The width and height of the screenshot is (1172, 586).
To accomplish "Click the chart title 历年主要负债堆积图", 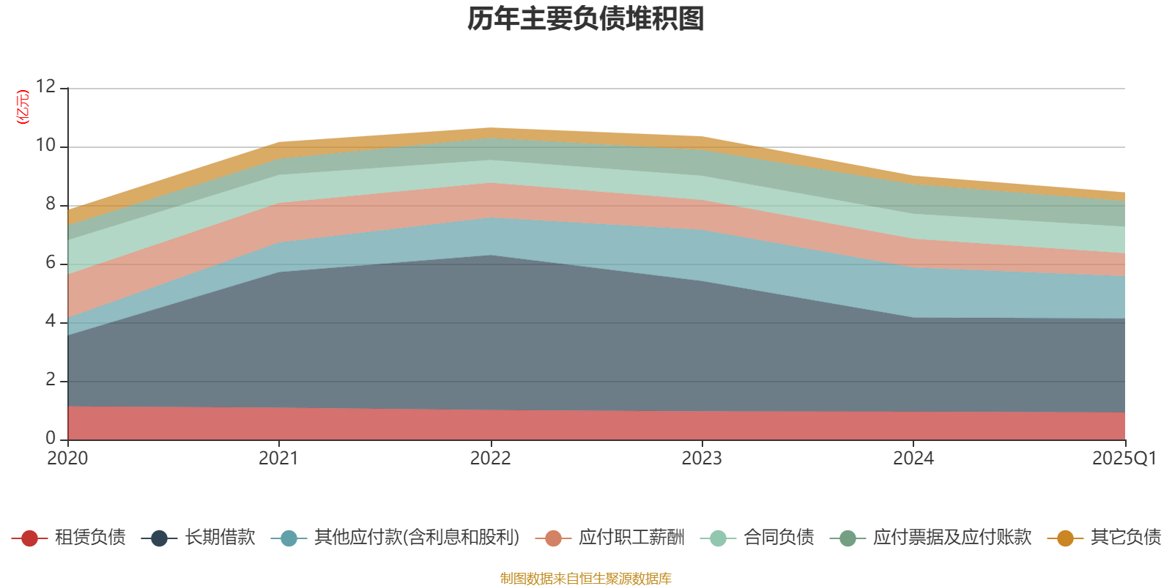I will click(x=586, y=19).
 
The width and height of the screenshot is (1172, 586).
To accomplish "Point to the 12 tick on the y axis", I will click(x=45, y=87).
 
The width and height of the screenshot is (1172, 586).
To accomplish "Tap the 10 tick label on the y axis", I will click(x=45, y=146).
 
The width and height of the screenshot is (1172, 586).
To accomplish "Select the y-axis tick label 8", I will click(x=50, y=204).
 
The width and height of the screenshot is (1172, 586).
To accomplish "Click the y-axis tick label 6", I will click(x=50, y=263).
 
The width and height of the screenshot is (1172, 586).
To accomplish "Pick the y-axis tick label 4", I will click(x=50, y=322).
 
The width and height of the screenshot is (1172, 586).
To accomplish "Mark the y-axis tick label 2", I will click(x=50, y=380).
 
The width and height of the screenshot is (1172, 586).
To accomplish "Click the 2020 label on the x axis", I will click(x=67, y=459).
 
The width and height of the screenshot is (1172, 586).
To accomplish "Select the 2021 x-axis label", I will click(x=278, y=459).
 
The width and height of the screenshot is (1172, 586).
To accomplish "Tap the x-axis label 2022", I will click(x=490, y=459).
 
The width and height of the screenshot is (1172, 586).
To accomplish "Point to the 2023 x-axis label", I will click(x=702, y=459).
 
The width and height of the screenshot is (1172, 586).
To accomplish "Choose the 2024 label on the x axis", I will click(x=913, y=459).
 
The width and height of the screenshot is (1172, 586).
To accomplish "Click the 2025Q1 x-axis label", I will click(x=1124, y=459).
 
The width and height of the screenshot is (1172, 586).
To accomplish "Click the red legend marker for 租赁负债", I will click(x=29, y=538).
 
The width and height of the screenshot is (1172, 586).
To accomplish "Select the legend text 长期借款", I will click(x=220, y=538).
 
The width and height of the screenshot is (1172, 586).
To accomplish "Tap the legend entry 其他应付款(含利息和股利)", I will click(x=416, y=538).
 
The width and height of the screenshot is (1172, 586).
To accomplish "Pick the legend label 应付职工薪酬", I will click(x=631, y=538).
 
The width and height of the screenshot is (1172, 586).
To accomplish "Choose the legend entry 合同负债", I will click(x=779, y=538).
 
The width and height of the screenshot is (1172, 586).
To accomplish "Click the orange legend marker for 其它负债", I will click(x=1065, y=538).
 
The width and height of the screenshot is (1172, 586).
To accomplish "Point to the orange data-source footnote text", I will click(x=586, y=579).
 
